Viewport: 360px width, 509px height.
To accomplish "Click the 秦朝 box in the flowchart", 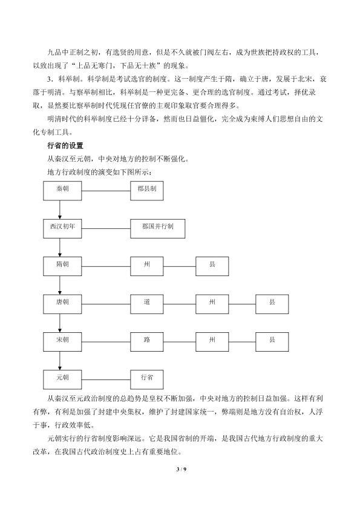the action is click(62, 191).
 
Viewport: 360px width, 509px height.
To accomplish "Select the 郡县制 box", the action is click(147, 191).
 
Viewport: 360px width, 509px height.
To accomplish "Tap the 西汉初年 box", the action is click(62, 229).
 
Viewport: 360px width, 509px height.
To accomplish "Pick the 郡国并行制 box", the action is click(157, 229).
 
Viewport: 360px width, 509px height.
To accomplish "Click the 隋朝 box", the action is click(62, 266).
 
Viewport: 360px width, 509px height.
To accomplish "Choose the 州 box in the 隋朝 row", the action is click(147, 266).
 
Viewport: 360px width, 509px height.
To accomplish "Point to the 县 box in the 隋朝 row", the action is click(212, 266).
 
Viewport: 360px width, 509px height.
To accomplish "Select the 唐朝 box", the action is click(62, 304).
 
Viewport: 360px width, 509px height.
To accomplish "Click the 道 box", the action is click(147, 304).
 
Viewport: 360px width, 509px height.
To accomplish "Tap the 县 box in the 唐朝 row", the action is click(272, 304).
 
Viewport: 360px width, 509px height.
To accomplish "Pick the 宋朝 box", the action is click(62, 342).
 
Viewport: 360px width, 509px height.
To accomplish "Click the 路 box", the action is click(147, 342).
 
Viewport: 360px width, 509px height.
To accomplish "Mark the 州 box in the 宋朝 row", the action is click(212, 342).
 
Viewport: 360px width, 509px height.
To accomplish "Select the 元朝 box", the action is click(62, 379).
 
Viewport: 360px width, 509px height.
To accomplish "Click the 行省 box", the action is click(147, 379).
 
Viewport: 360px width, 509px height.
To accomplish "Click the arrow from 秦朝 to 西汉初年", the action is click(60, 209).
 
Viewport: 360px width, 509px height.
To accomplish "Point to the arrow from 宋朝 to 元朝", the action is click(60, 361).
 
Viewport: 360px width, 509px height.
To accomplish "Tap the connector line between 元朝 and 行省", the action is click(106, 380).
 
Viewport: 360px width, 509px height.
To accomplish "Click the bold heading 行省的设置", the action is click(65, 146).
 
